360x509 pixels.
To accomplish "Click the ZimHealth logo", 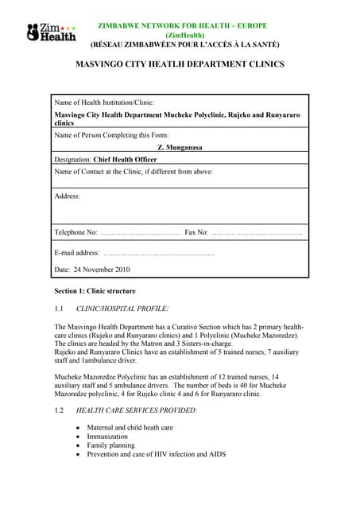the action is (x=51, y=33).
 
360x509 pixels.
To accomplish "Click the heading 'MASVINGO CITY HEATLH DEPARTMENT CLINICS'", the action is (x=180, y=64).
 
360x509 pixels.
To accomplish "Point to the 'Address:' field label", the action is (x=68, y=195).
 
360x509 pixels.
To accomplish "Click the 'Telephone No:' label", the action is (x=75, y=232).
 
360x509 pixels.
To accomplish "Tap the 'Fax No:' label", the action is (x=196, y=232).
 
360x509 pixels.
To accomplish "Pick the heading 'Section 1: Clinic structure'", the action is (x=95, y=291).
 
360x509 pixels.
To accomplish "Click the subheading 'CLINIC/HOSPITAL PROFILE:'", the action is (x=122, y=308).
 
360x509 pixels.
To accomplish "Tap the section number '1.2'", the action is (x=59, y=410).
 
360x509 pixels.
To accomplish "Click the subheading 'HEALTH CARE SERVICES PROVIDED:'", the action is (x=136, y=410).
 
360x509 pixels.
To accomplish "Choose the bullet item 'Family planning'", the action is (x=111, y=445).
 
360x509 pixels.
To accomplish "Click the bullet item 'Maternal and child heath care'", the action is (x=130, y=427).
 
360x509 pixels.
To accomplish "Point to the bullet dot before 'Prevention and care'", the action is (x=77, y=455).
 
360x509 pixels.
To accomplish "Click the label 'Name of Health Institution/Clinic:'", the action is (x=104, y=103).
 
